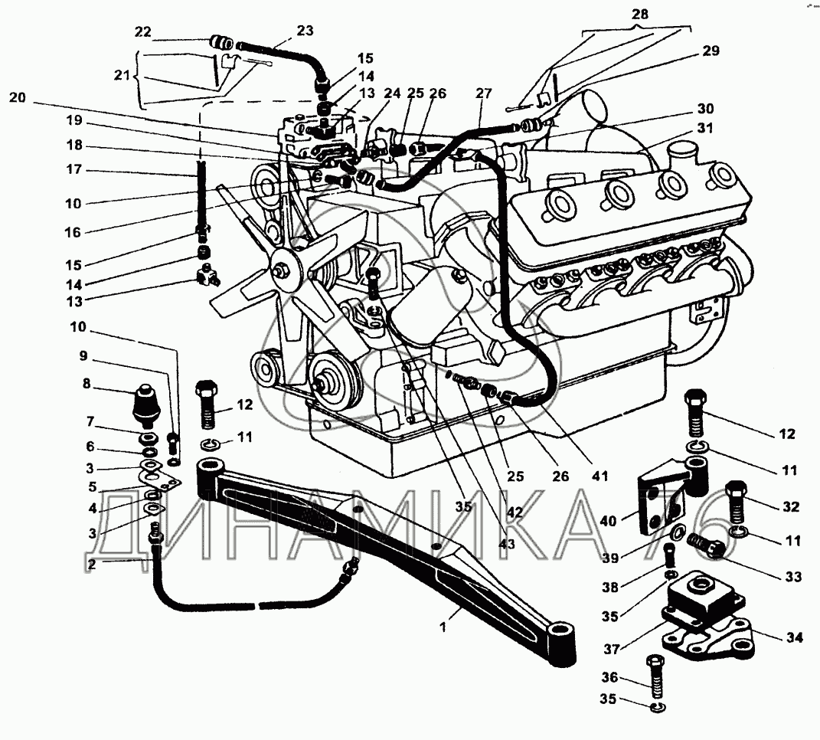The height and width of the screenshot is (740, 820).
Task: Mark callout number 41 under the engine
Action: click(x=599, y=476)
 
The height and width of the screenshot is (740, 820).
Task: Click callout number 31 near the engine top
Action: click(x=705, y=129)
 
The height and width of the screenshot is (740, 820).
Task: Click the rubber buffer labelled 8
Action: click(x=147, y=404)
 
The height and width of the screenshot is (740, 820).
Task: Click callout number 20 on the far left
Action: click(x=18, y=98)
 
